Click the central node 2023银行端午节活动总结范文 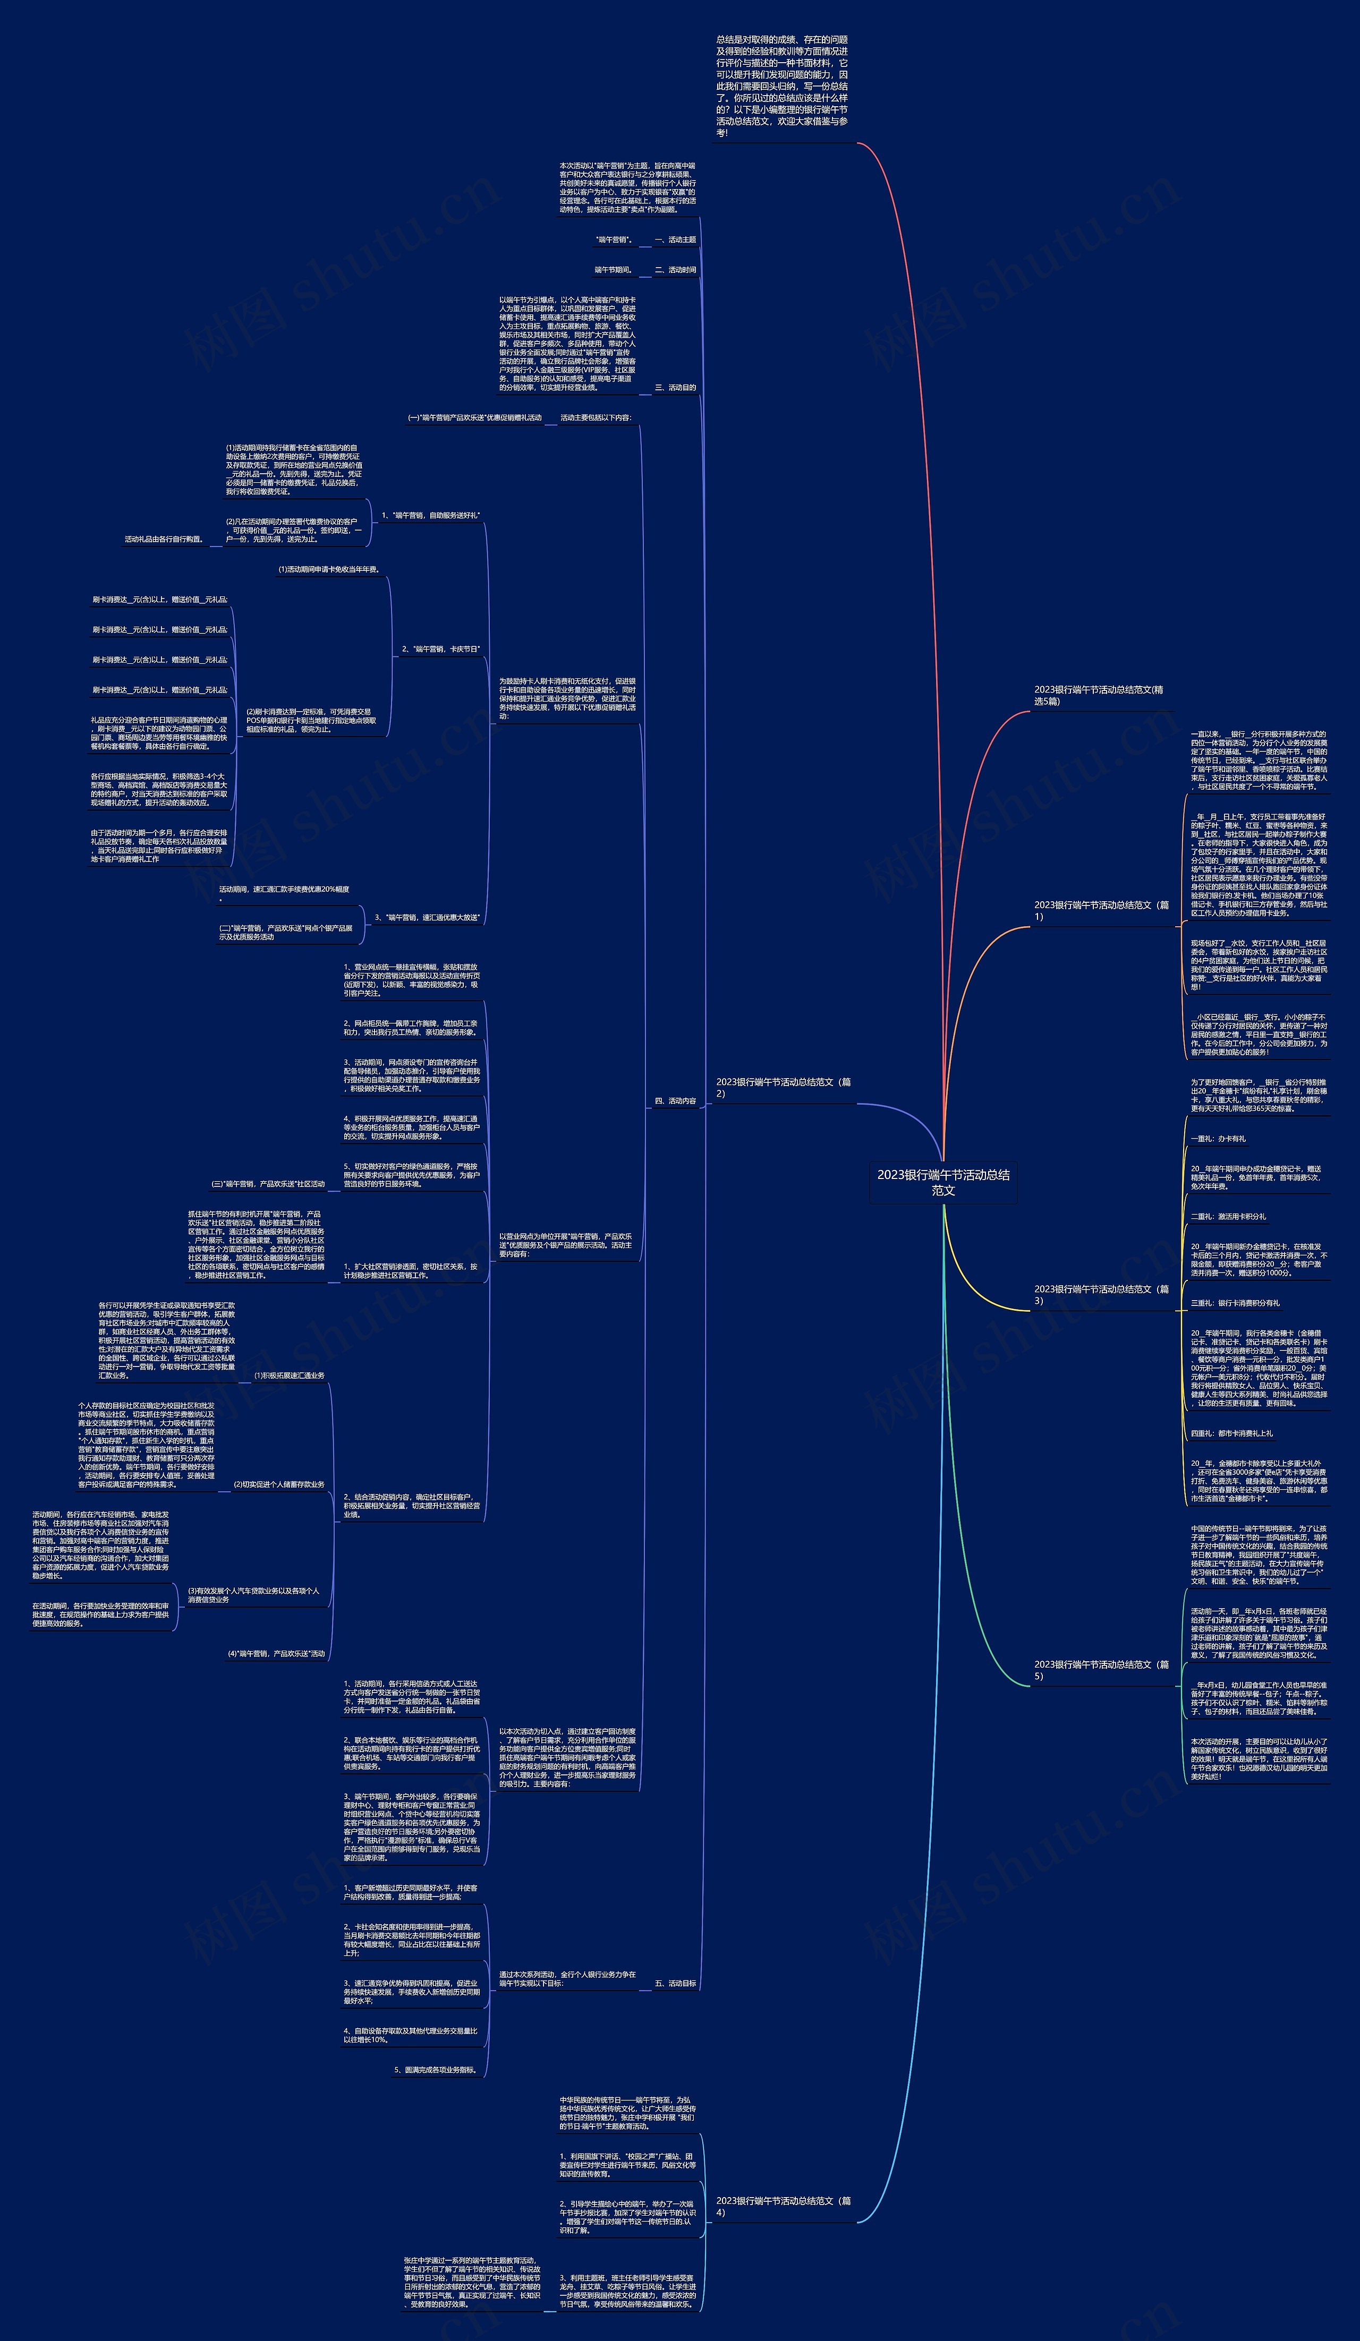point(943,1182)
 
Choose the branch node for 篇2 point(783,1087)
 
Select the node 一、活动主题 point(675,240)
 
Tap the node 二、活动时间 point(675,269)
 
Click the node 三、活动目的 point(675,387)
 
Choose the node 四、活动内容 point(675,1101)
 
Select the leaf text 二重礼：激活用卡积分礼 point(1228,1216)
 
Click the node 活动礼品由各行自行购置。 point(165,539)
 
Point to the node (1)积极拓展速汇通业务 point(289,1375)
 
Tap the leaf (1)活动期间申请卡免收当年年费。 point(329,569)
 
